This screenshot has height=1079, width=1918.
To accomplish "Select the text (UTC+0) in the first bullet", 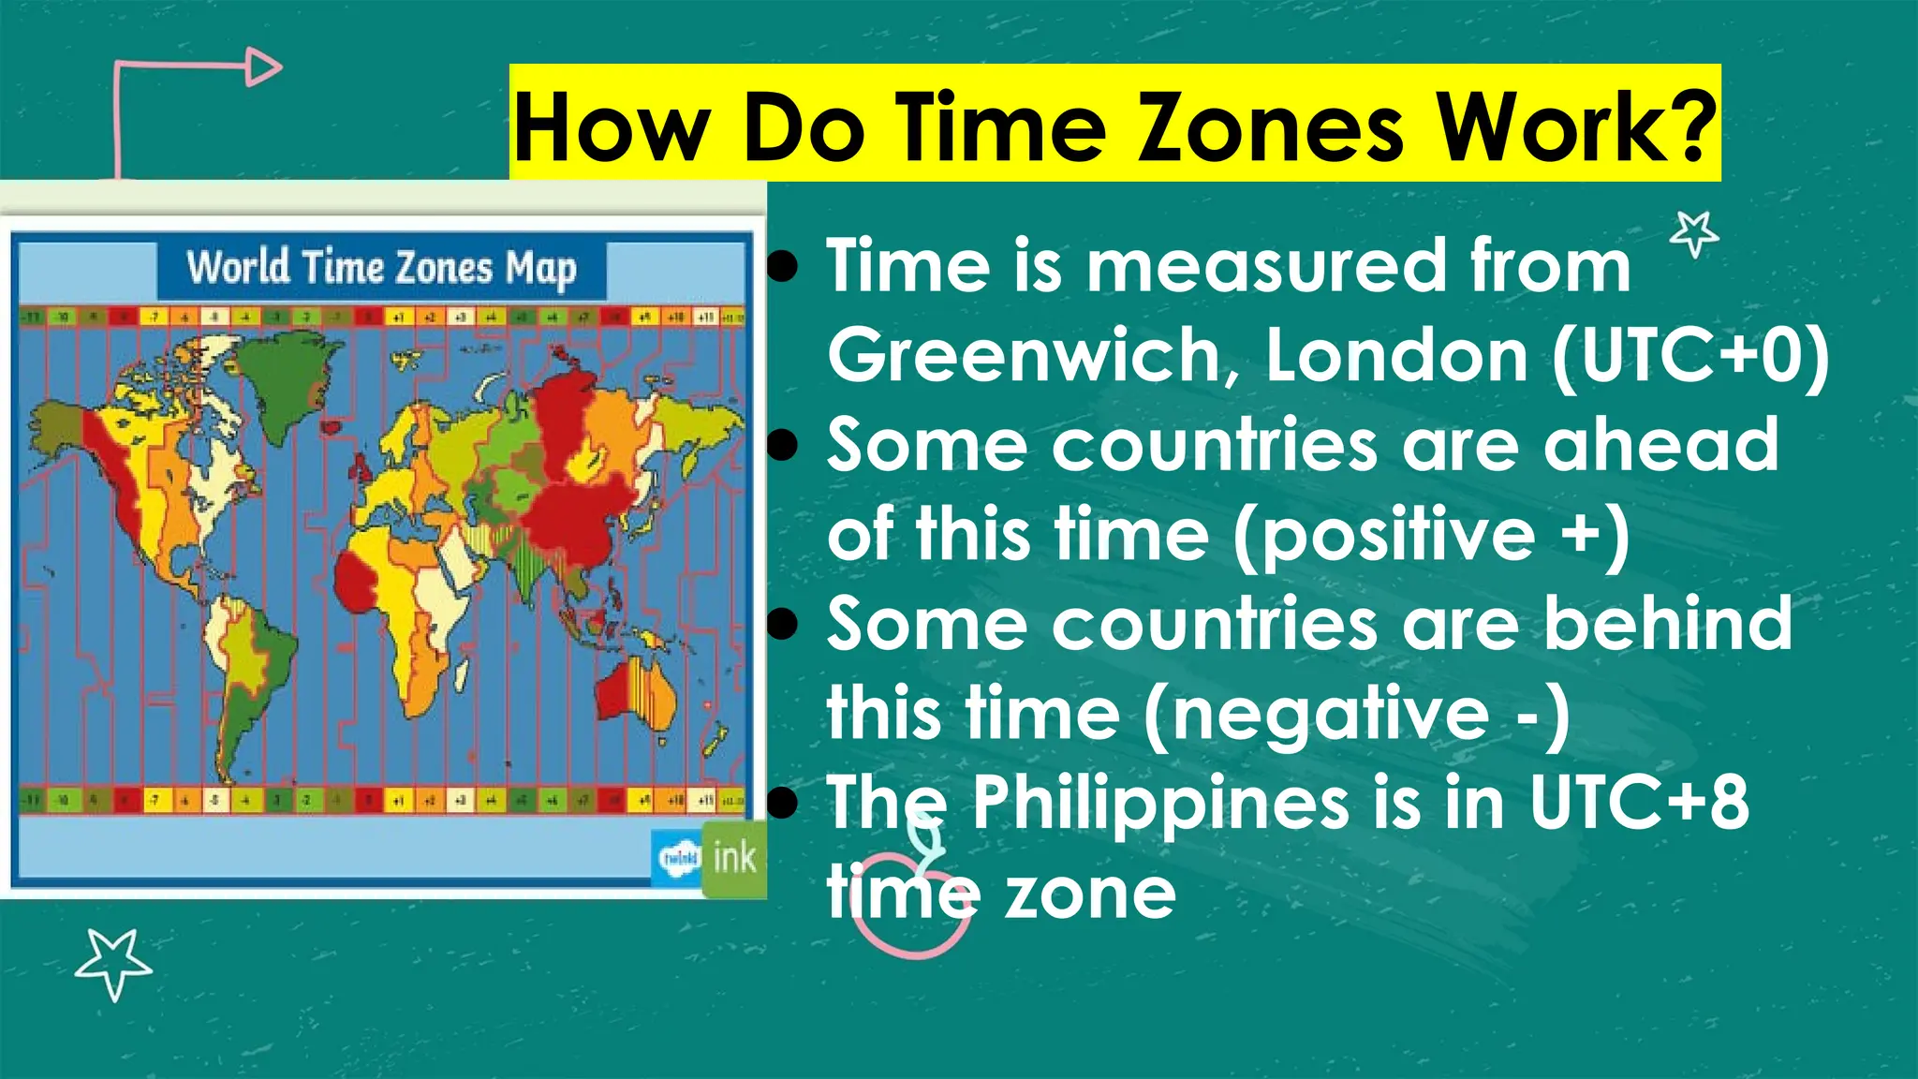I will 1690,355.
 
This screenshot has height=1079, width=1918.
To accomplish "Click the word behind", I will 1668,623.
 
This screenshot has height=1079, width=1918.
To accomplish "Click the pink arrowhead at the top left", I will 264,67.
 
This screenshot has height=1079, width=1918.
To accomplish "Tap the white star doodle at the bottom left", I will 113,962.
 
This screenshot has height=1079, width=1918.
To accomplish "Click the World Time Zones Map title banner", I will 381,268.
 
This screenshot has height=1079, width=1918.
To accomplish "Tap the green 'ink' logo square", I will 734,858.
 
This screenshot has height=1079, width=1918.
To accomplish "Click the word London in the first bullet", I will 1396,355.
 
